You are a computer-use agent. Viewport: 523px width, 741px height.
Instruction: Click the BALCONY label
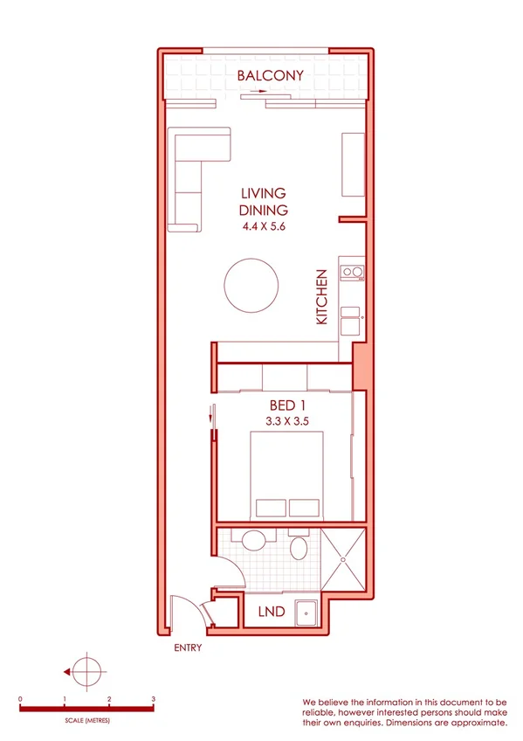coord(271,76)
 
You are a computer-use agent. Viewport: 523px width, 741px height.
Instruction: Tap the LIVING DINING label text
coord(263,202)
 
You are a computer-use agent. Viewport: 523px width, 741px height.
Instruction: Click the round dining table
coord(252,285)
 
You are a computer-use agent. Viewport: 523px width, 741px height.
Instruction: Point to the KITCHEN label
coord(321,297)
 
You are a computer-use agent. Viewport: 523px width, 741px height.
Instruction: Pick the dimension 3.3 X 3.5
coord(288,421)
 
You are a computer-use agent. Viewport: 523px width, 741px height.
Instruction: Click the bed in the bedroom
coord(287,476)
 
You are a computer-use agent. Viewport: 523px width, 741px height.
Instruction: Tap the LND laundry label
coord(272,613)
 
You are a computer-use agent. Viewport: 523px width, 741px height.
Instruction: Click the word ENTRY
coord(188,648)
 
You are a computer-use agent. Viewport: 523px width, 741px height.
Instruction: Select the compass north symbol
coord(86,672)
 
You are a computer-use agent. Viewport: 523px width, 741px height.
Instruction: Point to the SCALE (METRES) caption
coord(86,721)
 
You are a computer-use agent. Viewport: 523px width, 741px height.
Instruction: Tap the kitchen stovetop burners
coord(352,273)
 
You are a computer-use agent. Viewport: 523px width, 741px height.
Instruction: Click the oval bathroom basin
coord(299,550)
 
